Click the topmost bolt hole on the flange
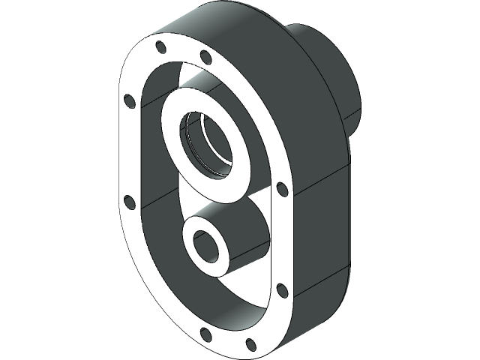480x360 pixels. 160,47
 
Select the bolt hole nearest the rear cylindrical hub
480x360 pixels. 203,57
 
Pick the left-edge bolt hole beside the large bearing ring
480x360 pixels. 128,99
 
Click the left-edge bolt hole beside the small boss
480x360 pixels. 128,200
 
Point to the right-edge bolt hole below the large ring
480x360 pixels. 281,188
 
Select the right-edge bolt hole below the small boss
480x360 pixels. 281,289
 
